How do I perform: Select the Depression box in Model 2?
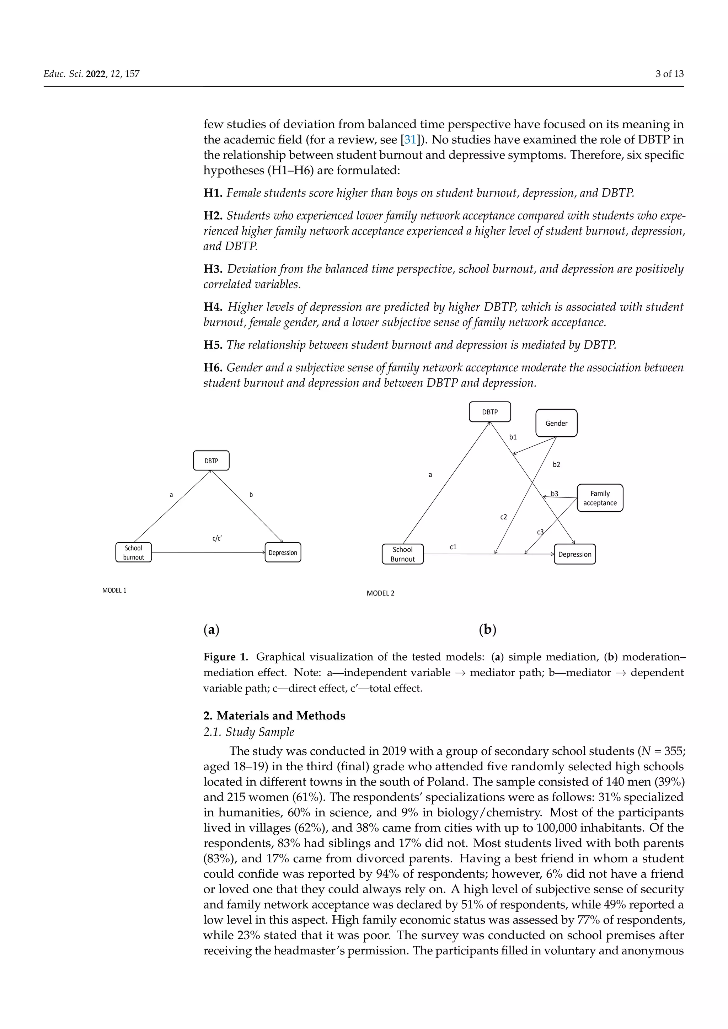tap(575, 554)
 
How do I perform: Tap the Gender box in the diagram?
tap(556, 423)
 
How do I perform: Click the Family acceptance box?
tap(600, 498)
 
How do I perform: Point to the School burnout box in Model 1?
tap(134, 552)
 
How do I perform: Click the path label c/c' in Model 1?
tap(217, 538)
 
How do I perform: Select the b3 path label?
tap(555, 494)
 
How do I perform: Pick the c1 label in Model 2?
tap(453, 547)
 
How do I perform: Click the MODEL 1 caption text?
tap(114, 590)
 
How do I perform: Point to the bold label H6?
tap(213, 367)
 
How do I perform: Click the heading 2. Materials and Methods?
tap(274, 715)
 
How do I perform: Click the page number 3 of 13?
tap(669, 74)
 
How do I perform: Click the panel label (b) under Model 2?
tap(487, 630)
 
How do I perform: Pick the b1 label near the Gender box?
tap(513, 437)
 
